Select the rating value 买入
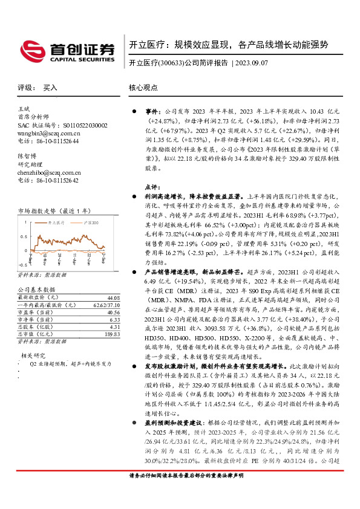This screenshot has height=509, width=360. (x=50, y=88)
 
